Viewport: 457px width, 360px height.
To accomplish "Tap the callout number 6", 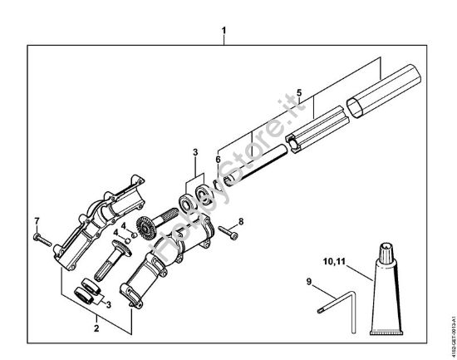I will click(x=218, y=156).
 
